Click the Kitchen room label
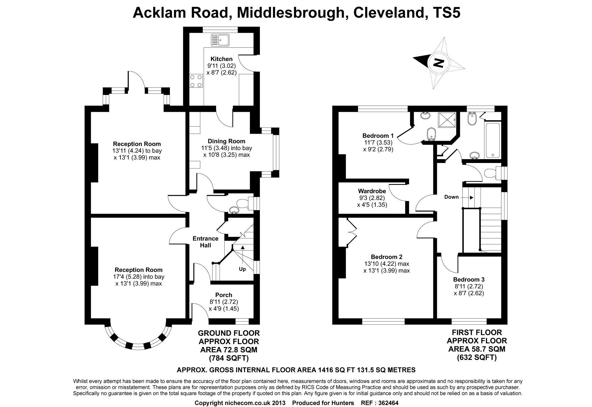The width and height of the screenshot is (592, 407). pos(221,59)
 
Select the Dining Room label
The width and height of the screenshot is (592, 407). pos(226,141)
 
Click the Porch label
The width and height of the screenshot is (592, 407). pos(223,295)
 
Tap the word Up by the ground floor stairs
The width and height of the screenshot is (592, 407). pos(242,269)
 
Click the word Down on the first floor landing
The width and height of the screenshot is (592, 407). pos(451,197)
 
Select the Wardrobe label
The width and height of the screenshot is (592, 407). pos(372,191)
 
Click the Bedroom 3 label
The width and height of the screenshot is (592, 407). pos(469,279)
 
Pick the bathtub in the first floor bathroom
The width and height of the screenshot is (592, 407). pos(493,140)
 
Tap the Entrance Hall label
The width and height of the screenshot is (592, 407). pos(205,242)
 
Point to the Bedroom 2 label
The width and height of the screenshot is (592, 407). pos(387,257)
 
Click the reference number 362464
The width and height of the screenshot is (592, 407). pos(388,403)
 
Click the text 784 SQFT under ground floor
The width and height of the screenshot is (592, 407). pos(229,358)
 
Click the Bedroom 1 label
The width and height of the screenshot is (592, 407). pos(378,136)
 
